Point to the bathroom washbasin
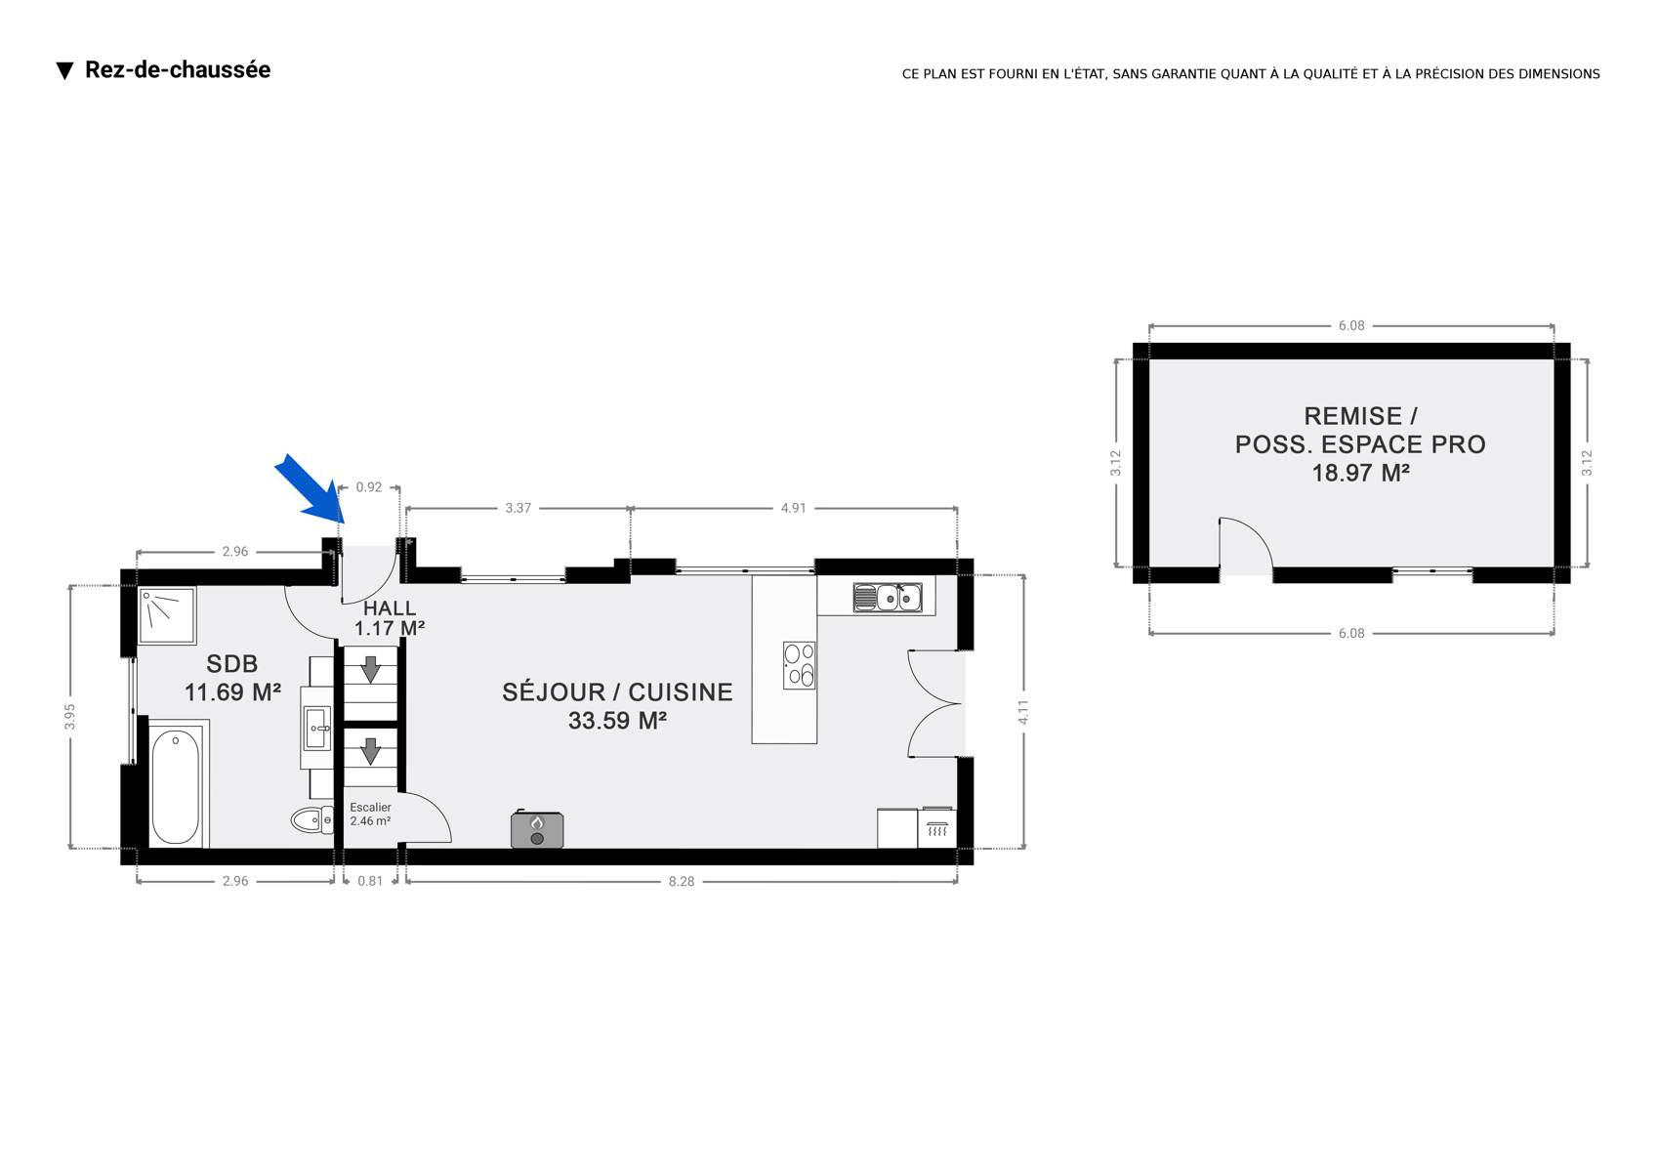(317, 728)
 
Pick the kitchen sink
(888, 598)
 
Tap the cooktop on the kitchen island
(800, 665)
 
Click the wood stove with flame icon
(537, 829)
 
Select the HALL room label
(390, 608)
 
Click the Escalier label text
(370, 807)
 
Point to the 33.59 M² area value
(617, 721)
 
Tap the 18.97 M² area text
(1360, 473)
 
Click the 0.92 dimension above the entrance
(369, 487)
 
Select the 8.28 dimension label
(681, 881)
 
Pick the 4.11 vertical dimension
(1023, 712)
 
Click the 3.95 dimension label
(69, 717)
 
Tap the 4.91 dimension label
(793, 508)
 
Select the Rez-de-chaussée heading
(178, 69)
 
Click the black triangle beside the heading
(65, 71)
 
